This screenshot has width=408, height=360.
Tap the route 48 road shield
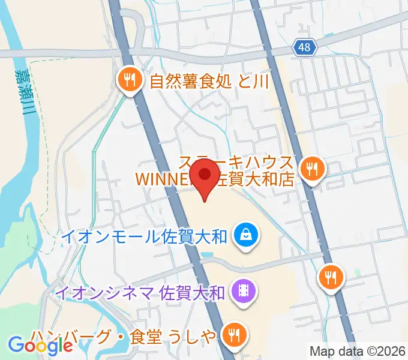pyautogui.click(x=305, y=47)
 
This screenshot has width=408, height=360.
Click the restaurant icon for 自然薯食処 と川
pyautogui.click(x=130, y=79)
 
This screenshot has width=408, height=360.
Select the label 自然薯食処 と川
pyautogui.click(x=209, y=80)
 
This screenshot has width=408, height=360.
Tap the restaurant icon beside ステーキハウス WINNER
pyautogui.click(x=312, y=169)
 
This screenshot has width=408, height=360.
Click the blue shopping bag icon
pyautogui.click(x=246, y=235)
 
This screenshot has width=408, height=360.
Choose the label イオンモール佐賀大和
pyautogui.click(x=144, y=236)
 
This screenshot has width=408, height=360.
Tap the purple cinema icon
pyautogui.click(x=244, y=292)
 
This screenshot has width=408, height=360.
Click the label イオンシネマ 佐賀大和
pyautogui.click(x=139, y=293)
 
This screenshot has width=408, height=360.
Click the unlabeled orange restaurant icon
pyautogui.click(x=330, y=277)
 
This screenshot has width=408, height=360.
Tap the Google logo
pyautogui.click(x=40, y=345)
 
